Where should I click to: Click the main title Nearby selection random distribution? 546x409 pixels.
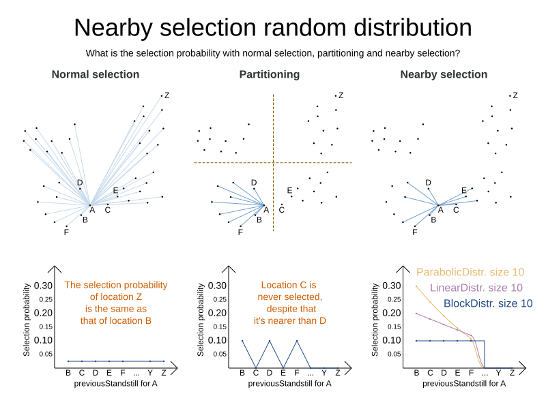click(273, 28)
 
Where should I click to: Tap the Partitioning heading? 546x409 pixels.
click(269, 74)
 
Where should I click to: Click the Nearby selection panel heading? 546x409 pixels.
click(444, 74)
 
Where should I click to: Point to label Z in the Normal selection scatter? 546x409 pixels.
click(167, 95)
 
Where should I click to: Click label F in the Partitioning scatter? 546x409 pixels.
click(240, 232)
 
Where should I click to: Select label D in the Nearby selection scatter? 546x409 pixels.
click(428, 183)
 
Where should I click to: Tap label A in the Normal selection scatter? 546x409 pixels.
click(91, 210)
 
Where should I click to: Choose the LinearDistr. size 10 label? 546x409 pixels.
click(476, 288)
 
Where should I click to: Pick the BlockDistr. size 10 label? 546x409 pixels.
click(488, 303)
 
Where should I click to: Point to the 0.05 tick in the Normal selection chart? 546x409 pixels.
click(45, 354)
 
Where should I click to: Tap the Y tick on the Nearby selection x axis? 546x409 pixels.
click(498, 373)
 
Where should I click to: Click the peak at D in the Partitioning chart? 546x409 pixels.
click(270, 341)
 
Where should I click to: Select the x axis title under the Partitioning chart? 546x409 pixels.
click(289, 384)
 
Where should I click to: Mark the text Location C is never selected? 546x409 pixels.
click(289, 291)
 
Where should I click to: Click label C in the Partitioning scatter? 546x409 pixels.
click(281, 209)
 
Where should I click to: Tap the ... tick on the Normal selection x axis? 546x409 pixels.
click(136, 373)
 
